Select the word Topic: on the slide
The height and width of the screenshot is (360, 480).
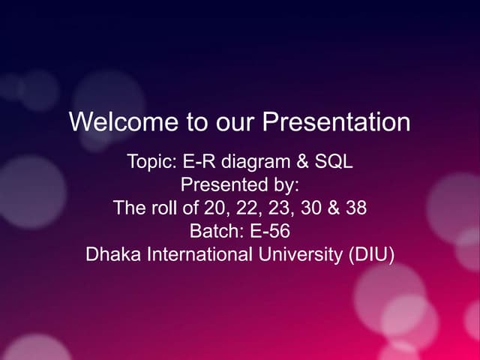tap(152, 161)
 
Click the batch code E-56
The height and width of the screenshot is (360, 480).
tap(267, 231)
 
